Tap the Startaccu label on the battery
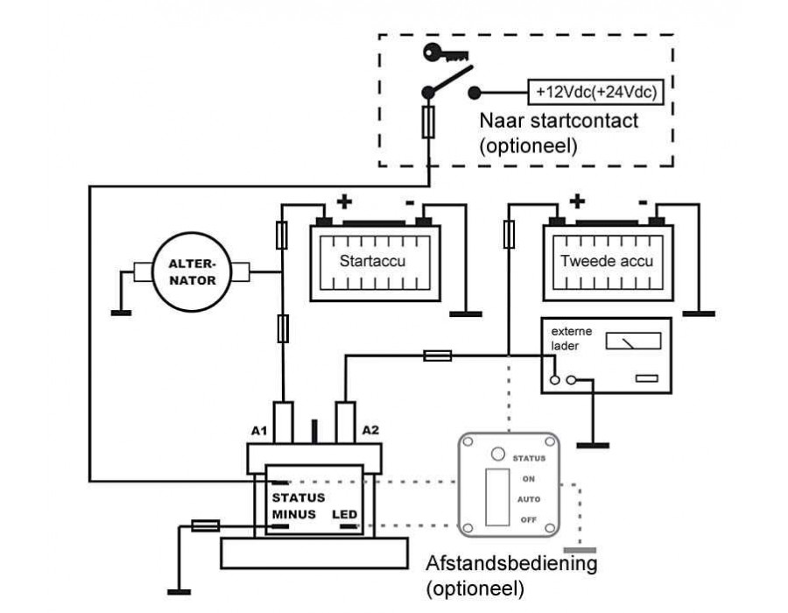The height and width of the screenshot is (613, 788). pos(374,260)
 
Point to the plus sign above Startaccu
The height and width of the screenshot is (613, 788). pos(344,202)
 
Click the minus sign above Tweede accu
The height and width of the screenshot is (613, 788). pos(643,202)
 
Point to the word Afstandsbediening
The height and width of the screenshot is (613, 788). pos(510,563)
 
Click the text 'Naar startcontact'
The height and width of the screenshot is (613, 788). pos(559,122)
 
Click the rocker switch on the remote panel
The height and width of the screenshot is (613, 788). pos(498,497)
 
